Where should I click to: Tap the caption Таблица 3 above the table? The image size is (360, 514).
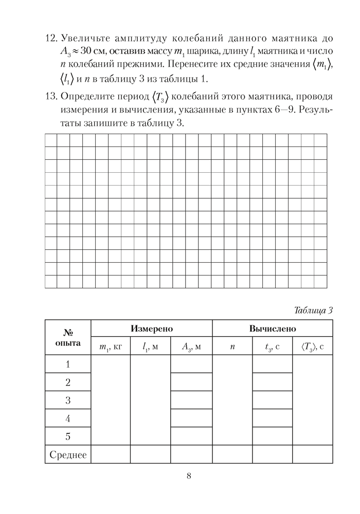(x=314, y=310)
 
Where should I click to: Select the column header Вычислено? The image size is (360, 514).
(x=272, y=328)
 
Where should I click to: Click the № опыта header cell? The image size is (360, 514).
(x=68, y=337)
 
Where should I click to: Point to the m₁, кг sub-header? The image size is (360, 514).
(x=110, y=346)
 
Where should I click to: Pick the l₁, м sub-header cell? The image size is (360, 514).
(x=150, y=346)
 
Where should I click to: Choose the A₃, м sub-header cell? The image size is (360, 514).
(x=191, y=346)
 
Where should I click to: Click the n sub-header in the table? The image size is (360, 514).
(x=232, y=346)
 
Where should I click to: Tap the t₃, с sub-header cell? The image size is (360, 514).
(x=272, y=346)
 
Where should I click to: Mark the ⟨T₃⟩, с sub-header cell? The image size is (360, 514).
(x=313, y=346)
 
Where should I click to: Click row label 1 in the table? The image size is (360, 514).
(x=68, y=364)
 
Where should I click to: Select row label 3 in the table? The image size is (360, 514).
(x=68, y=400)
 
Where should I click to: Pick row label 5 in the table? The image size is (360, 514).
(x=68, y=436)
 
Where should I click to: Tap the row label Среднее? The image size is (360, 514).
(x=68, y=455)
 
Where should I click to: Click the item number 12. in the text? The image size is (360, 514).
(x=50, y=39)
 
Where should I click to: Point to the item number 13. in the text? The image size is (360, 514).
(x=50, y=97)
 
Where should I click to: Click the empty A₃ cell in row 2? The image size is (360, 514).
(x=191, y=382)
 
